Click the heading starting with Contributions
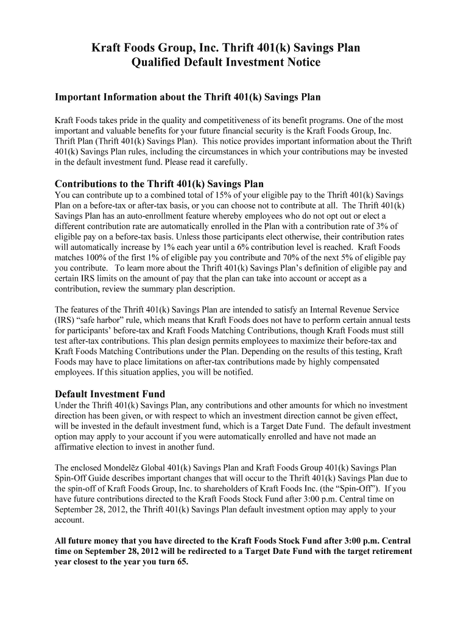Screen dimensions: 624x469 click(159, 184)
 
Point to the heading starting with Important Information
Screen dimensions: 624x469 click(188, 97)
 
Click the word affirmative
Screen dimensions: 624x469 click(76, 447)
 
